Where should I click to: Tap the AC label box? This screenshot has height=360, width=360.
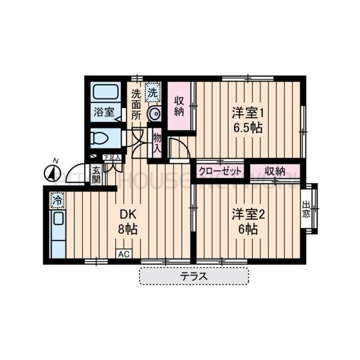tap(124, 254)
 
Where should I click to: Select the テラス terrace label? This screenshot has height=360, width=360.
tap(194, 277)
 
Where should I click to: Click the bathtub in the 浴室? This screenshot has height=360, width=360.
tap(106, 94)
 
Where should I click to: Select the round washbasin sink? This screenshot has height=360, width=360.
tap(154, 115)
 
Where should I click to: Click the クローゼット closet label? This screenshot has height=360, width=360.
tap(220, 171)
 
